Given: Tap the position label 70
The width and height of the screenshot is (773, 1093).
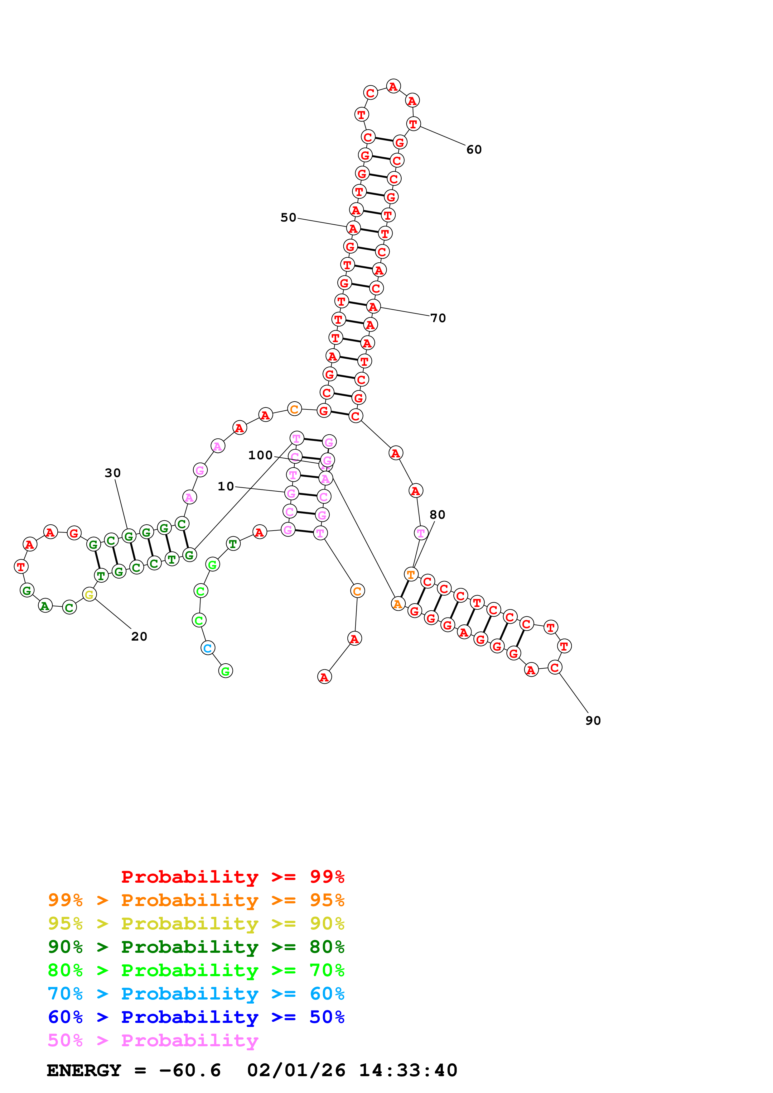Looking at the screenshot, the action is pos(438,318).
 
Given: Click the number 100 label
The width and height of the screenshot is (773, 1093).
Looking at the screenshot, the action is pos(260,455).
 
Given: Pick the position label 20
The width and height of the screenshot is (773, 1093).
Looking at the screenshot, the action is pos(139,637).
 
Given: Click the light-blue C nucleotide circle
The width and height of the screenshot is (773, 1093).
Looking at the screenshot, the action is pos(208,648).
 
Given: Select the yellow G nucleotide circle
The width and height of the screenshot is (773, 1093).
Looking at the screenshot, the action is pos(89,594).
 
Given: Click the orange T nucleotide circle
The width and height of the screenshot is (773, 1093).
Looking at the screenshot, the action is pos(411,574).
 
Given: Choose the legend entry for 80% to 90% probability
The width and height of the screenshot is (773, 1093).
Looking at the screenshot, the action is pos(196,947).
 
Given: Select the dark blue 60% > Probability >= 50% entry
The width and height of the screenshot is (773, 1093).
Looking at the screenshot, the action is pos(196,1017).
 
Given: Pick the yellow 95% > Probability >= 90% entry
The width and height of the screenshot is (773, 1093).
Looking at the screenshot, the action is pos(196,924).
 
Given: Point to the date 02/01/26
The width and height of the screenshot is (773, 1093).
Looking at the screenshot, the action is pos(296,1071).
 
